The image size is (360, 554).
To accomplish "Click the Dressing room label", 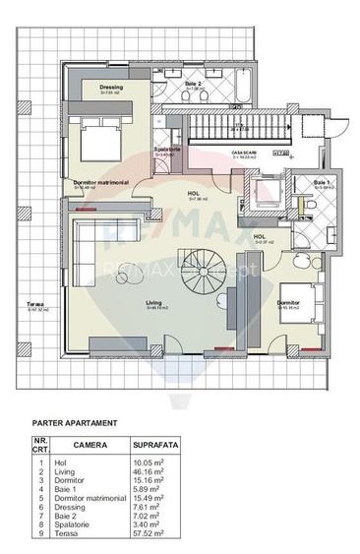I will coord(111,87).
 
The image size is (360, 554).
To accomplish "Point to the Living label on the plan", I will coord(154,303).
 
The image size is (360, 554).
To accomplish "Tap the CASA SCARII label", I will coord(244,154).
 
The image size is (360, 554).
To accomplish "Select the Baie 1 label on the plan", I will coord(322,182).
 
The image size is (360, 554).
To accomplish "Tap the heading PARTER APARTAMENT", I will coord(75,422).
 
